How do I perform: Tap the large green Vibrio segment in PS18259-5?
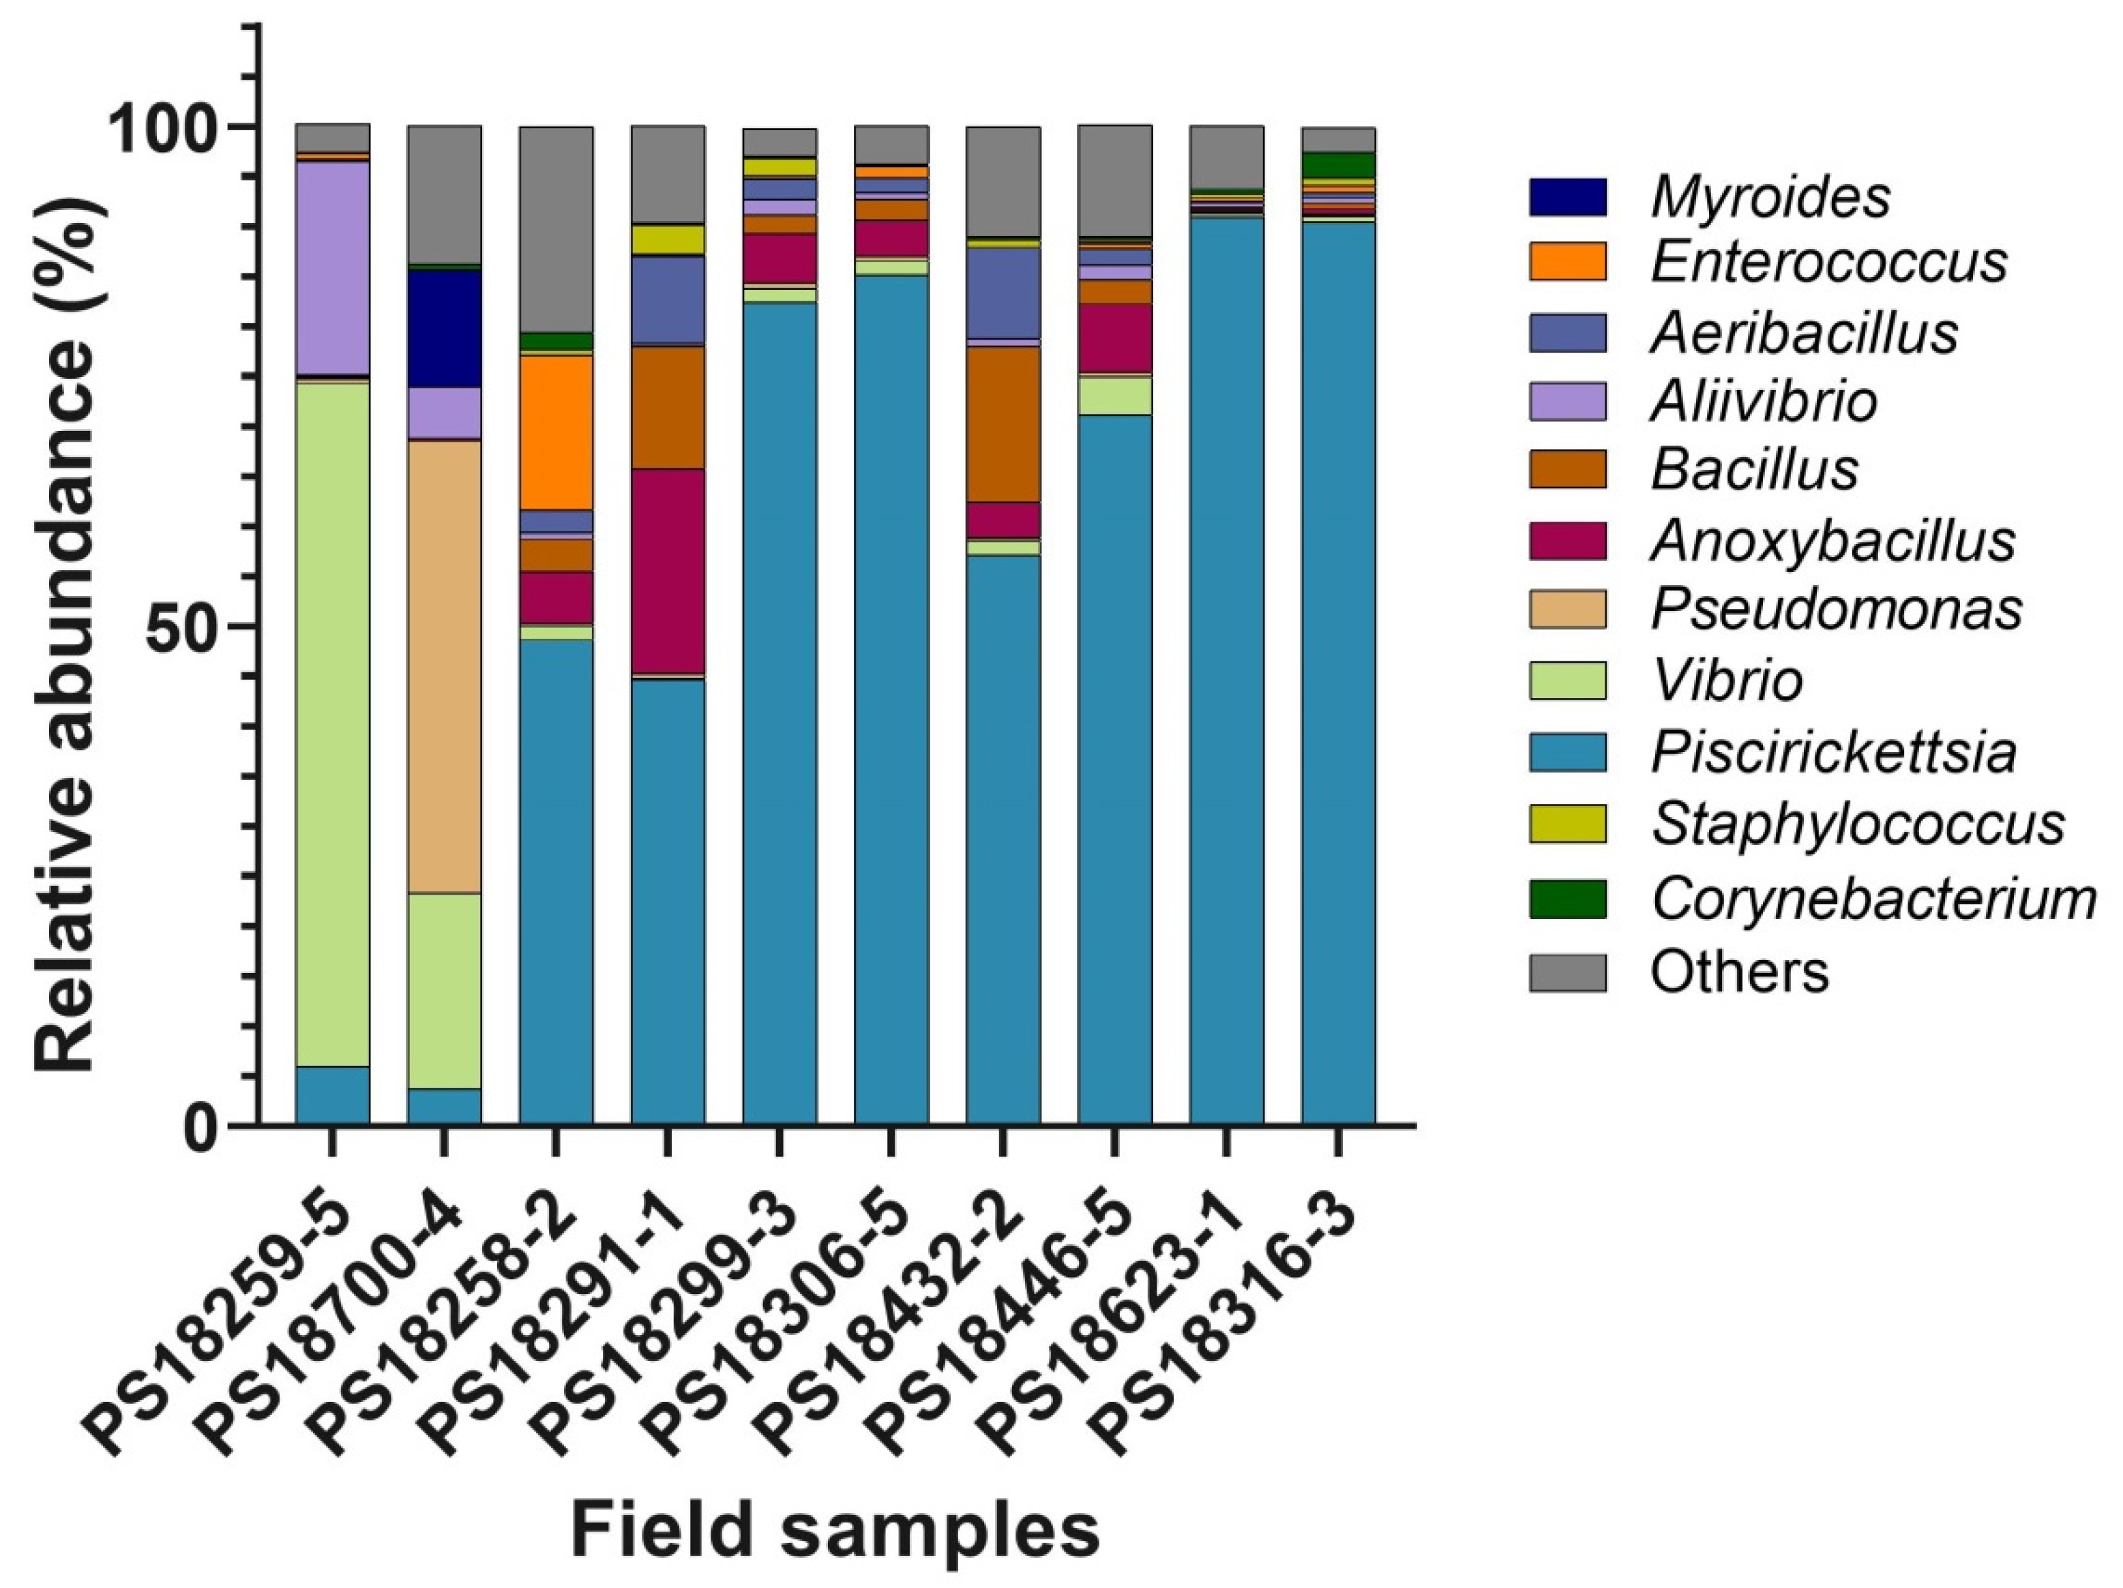[x=332, y=723]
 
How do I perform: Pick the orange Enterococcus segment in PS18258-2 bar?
[x=556, y=432]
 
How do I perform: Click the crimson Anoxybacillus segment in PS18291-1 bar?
[x=667, y=572]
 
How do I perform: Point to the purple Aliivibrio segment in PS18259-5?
[x=332, y=268]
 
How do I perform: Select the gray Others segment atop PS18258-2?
[x=556, y=229]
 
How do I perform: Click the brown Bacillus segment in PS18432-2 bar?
[x=1003, y=423]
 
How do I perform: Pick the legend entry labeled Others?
[x=1739, y=972]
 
